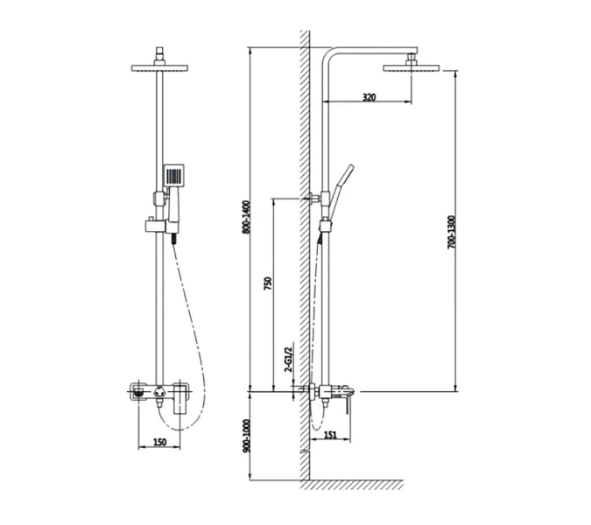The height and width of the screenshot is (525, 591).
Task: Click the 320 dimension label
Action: (x=369, y=97)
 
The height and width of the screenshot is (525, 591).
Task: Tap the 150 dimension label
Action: (x=160, y=442)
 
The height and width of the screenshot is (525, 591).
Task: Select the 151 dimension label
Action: (x=330, y=435)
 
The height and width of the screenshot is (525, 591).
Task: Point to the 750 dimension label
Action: (x=267, y=283)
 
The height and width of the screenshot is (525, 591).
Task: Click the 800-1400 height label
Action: (x=246, y=217)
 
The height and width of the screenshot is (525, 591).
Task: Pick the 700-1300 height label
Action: (x=452, y=232)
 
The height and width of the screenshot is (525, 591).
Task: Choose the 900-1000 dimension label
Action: (x=246, y=436)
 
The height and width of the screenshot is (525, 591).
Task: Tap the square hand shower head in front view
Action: (x=173, y=175)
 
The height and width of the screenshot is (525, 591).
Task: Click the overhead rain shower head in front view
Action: (x=159, y=68)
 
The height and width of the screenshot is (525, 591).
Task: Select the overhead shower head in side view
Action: (x=412, y=68)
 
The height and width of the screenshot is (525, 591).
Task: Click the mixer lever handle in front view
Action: (x=181, y=399)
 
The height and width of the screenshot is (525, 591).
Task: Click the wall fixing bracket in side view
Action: (x=314, y=198)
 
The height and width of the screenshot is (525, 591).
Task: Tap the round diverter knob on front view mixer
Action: (x=159, y=392)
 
